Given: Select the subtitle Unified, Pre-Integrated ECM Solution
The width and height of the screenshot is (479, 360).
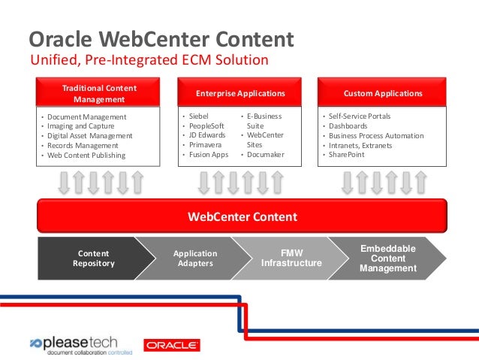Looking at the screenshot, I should pyautogui.click(x=148, y=60).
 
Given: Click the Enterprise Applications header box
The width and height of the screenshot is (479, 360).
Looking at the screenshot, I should pyautogui.click(x=240, y=93).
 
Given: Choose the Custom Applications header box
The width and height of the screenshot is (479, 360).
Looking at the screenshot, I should pyautogui.click(x=382, y=93).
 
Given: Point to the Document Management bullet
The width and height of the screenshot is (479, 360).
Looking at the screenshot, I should pyautogui.click(x=86, y=117).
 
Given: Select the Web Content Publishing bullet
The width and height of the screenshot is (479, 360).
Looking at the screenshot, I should pyautogui.click(x=86, y=156).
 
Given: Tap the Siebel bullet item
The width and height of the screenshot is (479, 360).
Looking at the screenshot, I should pyautogui.click(x=198, y=116).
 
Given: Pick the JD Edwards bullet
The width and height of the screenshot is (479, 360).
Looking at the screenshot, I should pyautogui.click(x=206, y=135).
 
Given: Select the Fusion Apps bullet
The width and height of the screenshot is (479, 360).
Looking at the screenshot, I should pyautogui.click(x=207, y=155).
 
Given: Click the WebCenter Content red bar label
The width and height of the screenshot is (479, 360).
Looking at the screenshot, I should pyautogui.click(x=242, y=217).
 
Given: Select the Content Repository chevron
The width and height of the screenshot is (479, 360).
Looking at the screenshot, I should pyautogui.click(x=94, y=259).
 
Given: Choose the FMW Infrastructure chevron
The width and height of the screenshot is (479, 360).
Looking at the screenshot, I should pyautogui.click(x=291, y=259).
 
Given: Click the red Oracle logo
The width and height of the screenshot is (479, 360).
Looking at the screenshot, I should pyautogui.click(x=172, y=345).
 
